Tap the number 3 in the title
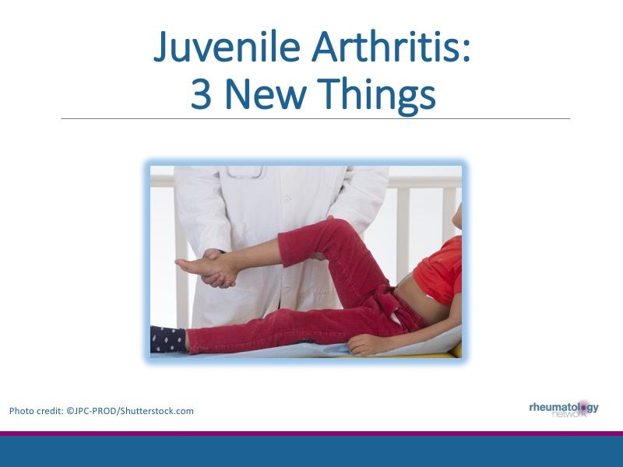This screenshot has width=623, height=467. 201,95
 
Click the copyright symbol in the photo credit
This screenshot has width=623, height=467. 73,411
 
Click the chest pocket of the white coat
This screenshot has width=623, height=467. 243,173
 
